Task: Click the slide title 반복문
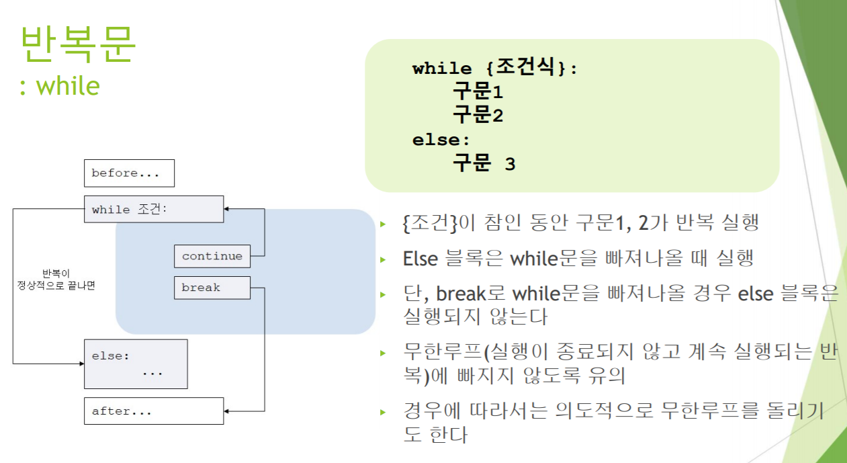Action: coord(78,44)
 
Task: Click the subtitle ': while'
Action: coord(60,87)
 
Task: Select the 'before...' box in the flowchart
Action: coord(129,173)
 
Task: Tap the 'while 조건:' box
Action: coord(153,209)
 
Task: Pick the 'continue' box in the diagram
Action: coord(212,256)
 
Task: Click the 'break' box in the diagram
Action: coord(212,288)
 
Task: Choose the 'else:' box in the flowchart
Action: coord(135,364)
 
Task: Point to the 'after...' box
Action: coord(153,411)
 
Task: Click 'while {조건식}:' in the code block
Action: coord(495,68)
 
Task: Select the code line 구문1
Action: coord(478,92)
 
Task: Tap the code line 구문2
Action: coord(478,116)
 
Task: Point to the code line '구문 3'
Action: coord(484,163)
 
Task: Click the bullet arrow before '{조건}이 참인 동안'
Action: coord(384,224)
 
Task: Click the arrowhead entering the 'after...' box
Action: coord(228,411)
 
